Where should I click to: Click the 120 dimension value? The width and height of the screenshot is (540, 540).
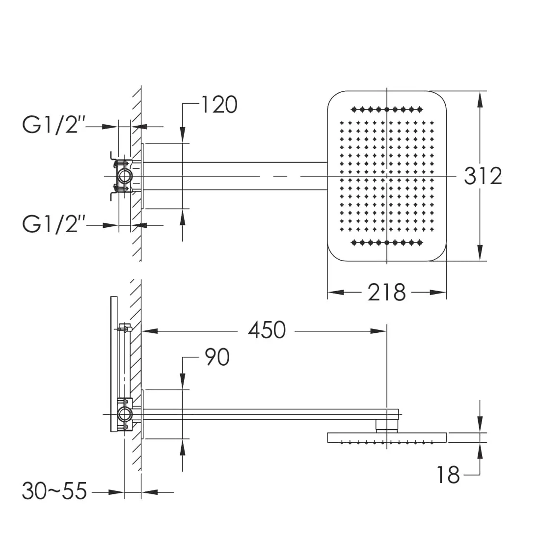pyautogui.click(x=219, y=105)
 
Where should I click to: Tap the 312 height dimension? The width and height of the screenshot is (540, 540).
pyautogui.click(x=483, y=176)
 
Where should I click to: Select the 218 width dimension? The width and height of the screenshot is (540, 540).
pyautogui.click(x=386, y=293)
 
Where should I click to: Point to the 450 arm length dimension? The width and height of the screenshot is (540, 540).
pyautogui.click(x=267, y=330)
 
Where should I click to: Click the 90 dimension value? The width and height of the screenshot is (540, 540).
pyautogui.click(x=217, y=357)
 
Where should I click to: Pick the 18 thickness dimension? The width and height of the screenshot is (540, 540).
pyautogui.click(x=448, y=475)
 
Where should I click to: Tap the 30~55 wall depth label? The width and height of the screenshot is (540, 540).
pyautogui.click(x=54, y=491)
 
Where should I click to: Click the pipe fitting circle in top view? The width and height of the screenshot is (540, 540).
pyautogui.click(x=124, y=176)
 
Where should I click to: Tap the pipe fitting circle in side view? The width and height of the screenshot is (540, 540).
pyautogui.click(x=124, y=414)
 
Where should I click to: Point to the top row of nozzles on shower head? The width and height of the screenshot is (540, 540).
pyautogui.click(x=387, y=110)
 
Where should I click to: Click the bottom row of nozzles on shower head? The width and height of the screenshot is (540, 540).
pyautogui.click(x=387, y=243)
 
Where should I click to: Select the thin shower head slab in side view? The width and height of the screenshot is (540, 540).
pyautogui.click(x=387, y=437)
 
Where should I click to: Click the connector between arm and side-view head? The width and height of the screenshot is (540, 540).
pyautogui.click(x=387, y=426)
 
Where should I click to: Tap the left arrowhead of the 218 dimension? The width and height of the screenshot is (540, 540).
pyautogui.click(x=335, y=293)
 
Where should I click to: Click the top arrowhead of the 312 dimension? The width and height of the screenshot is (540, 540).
pyautogui.click(x=480, y=99)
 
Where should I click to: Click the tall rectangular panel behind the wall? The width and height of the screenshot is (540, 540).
pyautogui.click(x=114, y=364)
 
